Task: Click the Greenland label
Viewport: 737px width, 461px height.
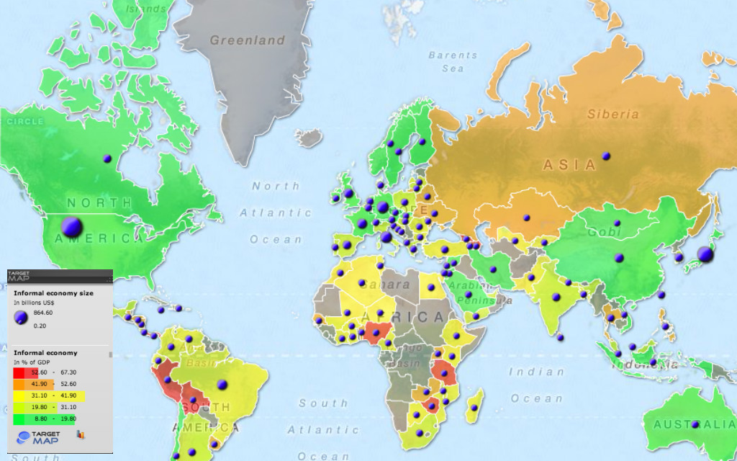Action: [248, 40]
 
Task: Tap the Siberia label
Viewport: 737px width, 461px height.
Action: [612, 114]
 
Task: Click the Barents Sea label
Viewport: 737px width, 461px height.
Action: [453, 61]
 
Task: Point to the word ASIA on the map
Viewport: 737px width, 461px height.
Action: [570, 165]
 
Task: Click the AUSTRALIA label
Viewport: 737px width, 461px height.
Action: [692, 424]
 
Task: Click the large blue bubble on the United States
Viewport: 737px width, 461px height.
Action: [71, 227]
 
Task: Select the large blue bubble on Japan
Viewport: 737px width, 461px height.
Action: [705, 254]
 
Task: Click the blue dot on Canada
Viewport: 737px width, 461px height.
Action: [107, 158]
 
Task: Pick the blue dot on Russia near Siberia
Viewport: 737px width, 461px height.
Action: [606, 156]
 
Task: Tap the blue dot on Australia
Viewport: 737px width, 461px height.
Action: [695, 424]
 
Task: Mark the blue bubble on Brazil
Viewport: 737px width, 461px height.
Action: [222, 385]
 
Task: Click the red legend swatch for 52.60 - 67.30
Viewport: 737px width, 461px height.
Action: [19, 372]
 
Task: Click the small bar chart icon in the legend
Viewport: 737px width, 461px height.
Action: [81, 435]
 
